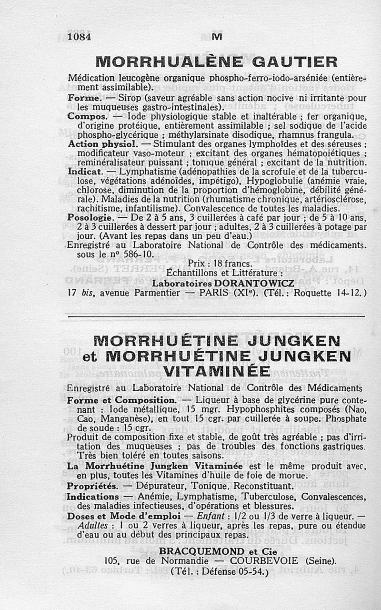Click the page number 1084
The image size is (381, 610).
[x=79, y=37]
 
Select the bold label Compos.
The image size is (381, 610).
[x=87, y=116]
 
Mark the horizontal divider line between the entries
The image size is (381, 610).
[x=217, y=316]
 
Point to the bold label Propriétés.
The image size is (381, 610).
[x=92, y=486]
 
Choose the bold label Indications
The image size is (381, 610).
[x=93, y=497]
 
